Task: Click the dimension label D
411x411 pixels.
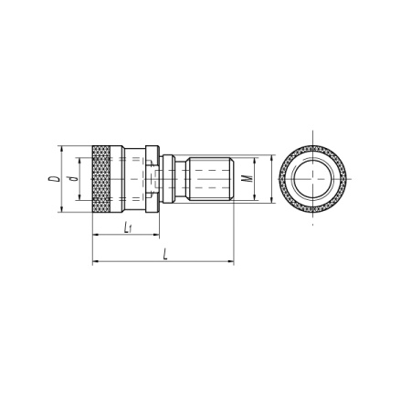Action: point(54,178)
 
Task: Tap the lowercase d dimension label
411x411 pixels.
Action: point(72,178)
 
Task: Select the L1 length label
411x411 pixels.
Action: point(128,227)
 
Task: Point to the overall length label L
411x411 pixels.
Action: point(165,254)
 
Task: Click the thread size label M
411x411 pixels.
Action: point(248,178)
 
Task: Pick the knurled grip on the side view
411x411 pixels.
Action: point(101,179)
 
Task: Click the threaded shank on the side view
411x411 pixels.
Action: point(210,178)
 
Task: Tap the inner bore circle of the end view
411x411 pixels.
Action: point(312,179)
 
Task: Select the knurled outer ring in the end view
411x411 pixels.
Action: point(312,147)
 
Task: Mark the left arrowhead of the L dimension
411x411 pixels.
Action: point(95,261)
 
